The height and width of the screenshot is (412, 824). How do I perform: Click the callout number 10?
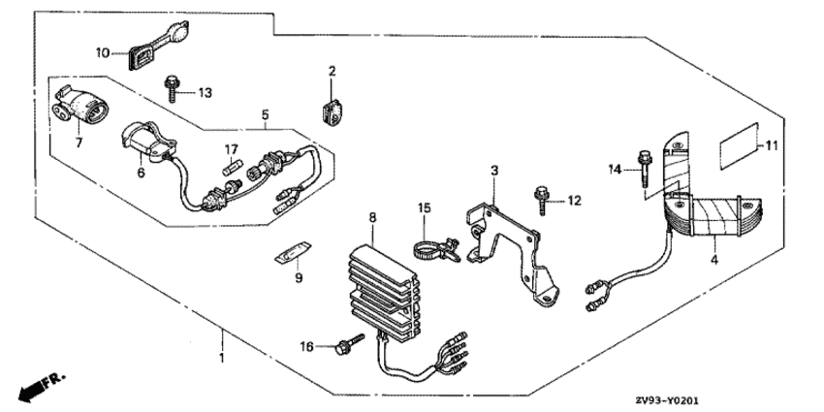[103, 52]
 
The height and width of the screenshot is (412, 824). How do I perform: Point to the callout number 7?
[79, 143]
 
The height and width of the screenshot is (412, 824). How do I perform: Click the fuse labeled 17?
[232, 170]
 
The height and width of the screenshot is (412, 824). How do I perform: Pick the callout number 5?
[266, 114]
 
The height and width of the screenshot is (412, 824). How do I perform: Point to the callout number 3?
[494, 171]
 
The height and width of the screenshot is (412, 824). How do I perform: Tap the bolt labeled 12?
[542, 201]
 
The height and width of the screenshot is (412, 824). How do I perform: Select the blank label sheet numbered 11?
[740, 146]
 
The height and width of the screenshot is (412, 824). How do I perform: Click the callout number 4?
[714, 260]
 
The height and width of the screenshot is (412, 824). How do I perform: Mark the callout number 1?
[222, 358]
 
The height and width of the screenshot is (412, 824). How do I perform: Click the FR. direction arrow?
[41, 386]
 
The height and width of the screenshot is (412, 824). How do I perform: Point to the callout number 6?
[141, 173]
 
